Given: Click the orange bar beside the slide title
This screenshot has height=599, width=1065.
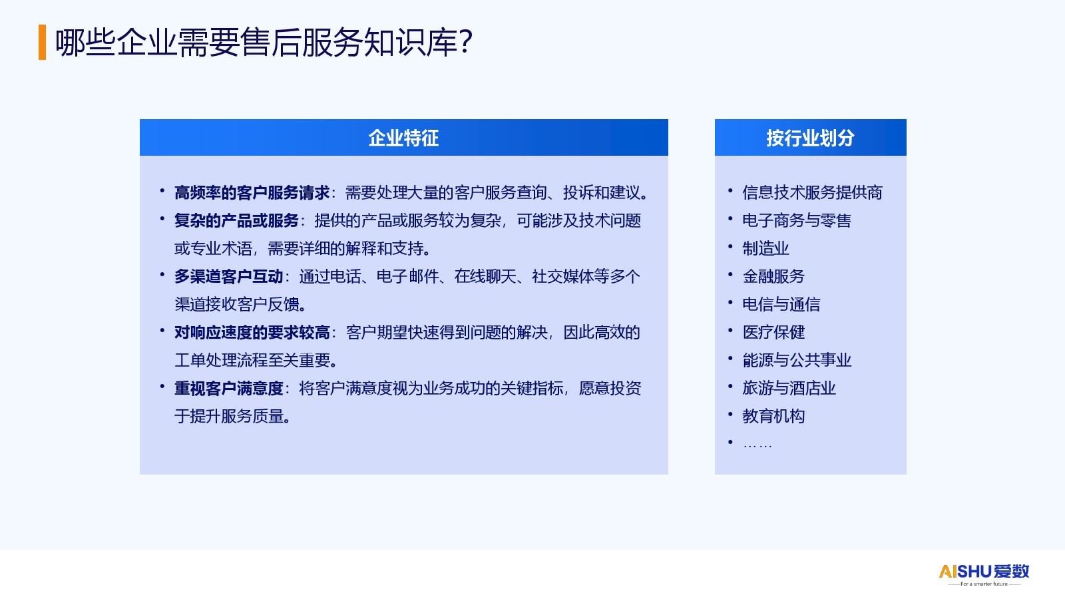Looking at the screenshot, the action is [43, 43].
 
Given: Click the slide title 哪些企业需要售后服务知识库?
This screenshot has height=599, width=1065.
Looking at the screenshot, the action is [264, 43].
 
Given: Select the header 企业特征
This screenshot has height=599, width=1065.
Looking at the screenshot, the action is [403, 138].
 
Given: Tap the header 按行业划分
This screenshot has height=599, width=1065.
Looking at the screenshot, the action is [810, 138].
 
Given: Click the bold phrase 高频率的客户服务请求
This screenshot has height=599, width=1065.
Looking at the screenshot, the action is [252, 192].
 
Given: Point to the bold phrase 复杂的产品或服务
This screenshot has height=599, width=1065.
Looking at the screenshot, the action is [236, 220].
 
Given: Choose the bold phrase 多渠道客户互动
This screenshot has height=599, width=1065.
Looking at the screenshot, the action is [229, 277].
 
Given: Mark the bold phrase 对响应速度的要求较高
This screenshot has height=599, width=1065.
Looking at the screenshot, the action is [252, 333].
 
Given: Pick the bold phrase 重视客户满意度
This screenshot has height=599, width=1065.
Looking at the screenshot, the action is [229, 389].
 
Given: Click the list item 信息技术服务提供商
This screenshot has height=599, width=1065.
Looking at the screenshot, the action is [812, 192].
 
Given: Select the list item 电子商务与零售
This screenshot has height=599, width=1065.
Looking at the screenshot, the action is [797, 220].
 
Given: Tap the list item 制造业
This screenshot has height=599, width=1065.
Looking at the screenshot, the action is [765, 249].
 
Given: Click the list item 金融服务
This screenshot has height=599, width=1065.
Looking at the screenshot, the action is [773, 277].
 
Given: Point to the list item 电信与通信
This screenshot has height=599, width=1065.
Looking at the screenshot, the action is [781, 304].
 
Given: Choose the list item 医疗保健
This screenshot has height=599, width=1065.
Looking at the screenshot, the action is [773, 332].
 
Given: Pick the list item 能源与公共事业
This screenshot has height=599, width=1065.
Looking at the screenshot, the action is [797, 360].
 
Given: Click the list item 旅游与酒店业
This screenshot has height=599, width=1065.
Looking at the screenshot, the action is [789, 389].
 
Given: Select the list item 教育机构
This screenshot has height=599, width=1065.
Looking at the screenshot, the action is [773, 417].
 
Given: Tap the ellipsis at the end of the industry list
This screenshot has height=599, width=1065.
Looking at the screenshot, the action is [757, 446].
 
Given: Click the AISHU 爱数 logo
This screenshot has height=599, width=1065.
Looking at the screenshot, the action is [984, 574].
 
